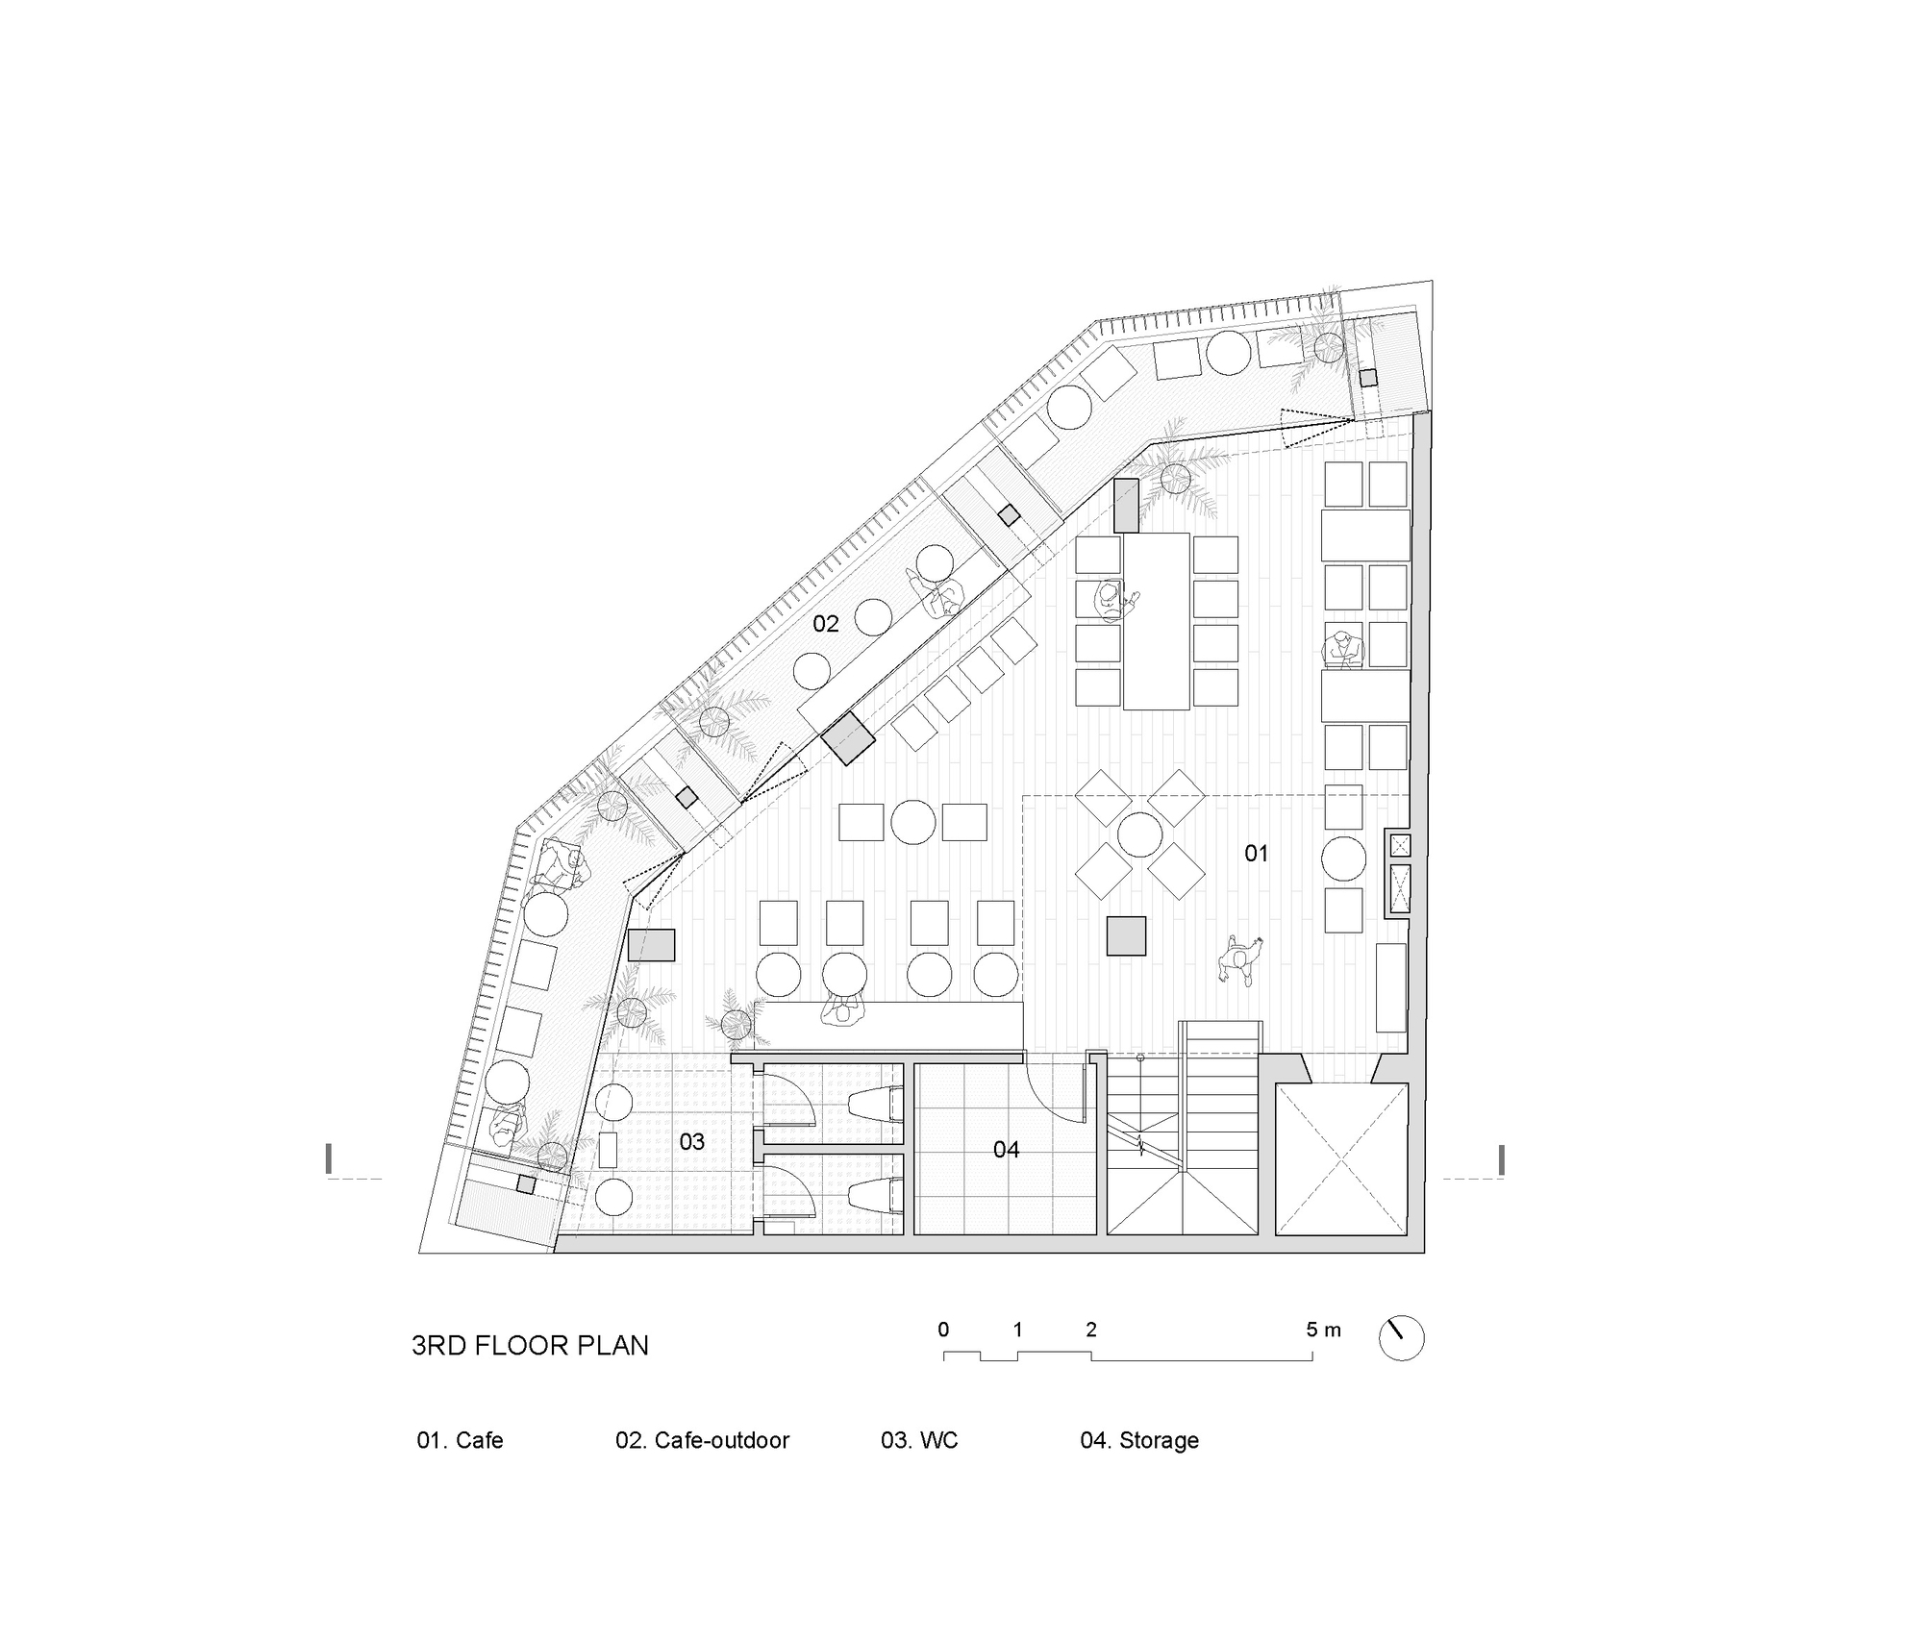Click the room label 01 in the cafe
[1256, 853]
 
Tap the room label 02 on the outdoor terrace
[826, 624]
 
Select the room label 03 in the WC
[692, 1142]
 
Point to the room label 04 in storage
[1006, 1150]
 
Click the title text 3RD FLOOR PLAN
[530, 1345]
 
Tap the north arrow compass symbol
[1401, 1337]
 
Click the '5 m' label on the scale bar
[1322, 1331]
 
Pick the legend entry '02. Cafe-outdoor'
[702, 1440]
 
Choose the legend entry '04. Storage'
[1139, 1440]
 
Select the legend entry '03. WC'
[919, 1440]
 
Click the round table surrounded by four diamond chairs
[1139, 834]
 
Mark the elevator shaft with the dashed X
[1341, 1158]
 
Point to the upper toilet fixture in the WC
[876, 1104]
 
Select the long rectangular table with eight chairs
[1156, 621]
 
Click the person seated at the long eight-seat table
[1112, 601]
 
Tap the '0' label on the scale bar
[943, 1330]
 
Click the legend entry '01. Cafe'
[460, 1440]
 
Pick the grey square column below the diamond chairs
[1126, 935]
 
